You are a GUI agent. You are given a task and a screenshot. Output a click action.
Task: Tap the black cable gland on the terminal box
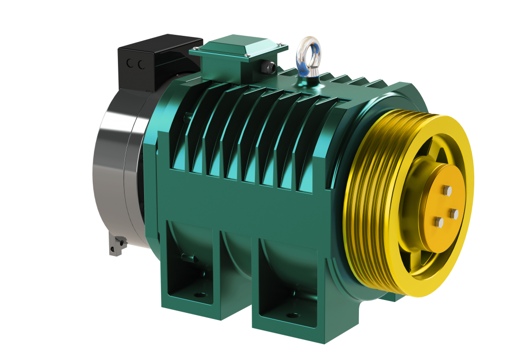pos(268,66)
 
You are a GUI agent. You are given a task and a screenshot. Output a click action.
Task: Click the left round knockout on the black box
pos(129,64)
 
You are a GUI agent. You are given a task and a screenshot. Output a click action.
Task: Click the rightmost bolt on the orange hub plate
pos(453,212)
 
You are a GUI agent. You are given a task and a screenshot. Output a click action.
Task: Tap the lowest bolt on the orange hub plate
pos(438,222)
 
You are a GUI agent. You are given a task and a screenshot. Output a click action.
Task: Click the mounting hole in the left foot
pos(200,295)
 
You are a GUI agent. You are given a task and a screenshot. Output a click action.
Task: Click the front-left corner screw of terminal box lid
pos(195,50)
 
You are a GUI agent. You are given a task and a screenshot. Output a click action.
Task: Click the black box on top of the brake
pos(154,59)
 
